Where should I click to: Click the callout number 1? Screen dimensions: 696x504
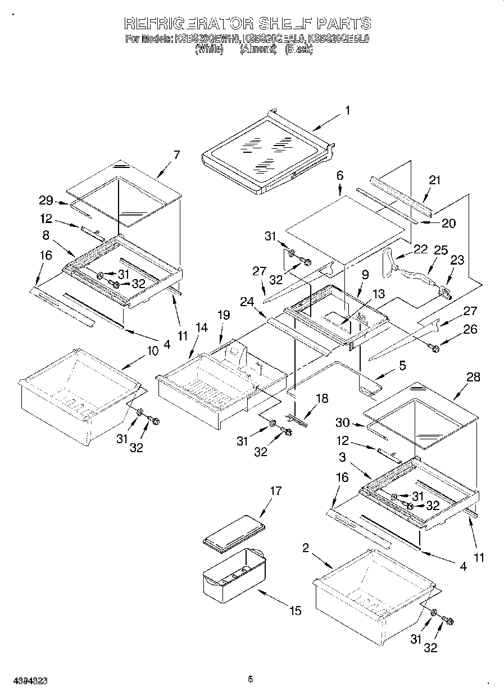[x=347, y=111]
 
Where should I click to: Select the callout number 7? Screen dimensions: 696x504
[x=177, y=156]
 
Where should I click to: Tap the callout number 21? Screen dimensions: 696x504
[x=434, y=180]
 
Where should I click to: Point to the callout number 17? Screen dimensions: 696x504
[x=275, y=491]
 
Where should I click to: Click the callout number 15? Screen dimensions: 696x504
[x=296, y=610]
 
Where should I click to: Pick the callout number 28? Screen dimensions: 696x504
[x=473, y=377]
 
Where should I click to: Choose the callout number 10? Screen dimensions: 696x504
[x=152, y=351]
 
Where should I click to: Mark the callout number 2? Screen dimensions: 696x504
[x=306, y=548]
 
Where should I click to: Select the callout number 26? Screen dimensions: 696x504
[x=470, y=329]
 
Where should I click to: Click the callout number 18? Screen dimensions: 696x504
[x=322, y=398]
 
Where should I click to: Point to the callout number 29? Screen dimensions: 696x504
[x=46, y=200]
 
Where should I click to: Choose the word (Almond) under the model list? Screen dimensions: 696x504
[x=258, y=49]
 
